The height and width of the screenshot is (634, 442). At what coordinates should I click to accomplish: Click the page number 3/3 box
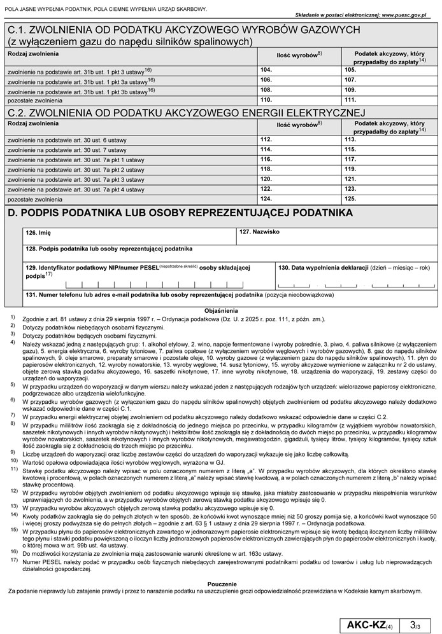click(417, 622)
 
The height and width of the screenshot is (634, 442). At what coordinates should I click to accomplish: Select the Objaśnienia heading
click(221, 310)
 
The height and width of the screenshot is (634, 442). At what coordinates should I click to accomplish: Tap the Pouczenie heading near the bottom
click(221, 583)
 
